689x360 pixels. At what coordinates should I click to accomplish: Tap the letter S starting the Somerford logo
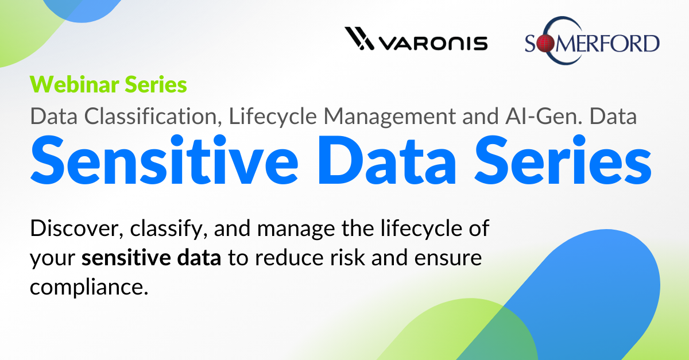pos(531,44)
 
